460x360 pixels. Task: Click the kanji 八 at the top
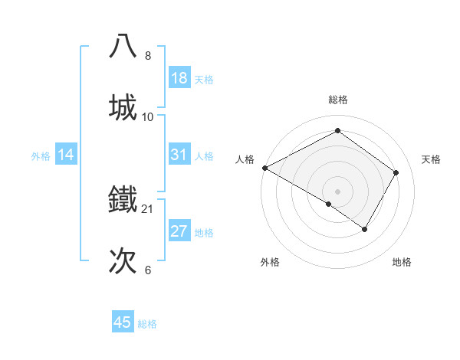[x=123, y=45]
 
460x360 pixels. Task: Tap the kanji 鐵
[x=123, y=198]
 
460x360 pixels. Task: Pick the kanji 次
[x=123, y=260]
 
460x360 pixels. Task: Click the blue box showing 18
[x=179, y=78]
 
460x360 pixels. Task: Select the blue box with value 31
[x=179, y=155]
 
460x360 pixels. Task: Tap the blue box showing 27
[x=179, y=231]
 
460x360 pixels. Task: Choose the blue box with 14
[x=66, y=155]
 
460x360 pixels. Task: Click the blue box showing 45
[x=123, y=322]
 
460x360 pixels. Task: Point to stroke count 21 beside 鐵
[x=148, y=208]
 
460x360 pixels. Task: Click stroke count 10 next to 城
[x=148, y=116]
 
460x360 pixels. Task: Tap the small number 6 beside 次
[x=148, y=270]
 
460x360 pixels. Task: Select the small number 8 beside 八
[x=148, y=56]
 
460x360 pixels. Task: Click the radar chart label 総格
[x=337, y=100]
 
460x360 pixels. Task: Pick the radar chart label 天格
[x=432, y=159]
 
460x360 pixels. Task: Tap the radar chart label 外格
[x=270, y=262]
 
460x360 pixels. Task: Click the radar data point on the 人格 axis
[x=264, y=167]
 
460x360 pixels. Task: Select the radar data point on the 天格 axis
[x=396, y=172]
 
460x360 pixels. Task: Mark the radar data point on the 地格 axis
[x=365, y=229]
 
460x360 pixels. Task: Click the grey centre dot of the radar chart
[x=337, y=191]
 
